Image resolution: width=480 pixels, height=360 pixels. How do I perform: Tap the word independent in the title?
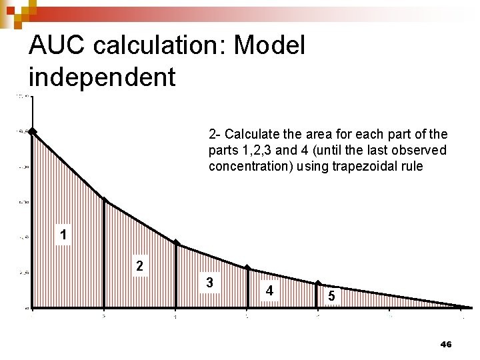point(102,77)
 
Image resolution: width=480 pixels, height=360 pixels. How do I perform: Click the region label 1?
point(63,235)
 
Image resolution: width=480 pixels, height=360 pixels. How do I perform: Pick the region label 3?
point(209,283)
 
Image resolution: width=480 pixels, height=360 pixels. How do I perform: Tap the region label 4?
point(269,291)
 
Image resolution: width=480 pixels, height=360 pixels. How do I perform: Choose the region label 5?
point(330,295)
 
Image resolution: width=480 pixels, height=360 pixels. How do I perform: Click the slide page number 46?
point(446,344)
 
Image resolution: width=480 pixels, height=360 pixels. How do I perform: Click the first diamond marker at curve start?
point(32,132)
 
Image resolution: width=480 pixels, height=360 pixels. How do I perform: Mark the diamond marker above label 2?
point(104,199)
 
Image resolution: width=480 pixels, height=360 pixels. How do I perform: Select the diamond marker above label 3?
point(176,243)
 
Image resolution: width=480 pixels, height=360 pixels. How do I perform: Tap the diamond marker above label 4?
point(247,268)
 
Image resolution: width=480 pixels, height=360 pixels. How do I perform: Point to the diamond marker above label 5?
point(319,283)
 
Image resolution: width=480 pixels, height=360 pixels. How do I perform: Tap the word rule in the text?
point(411,166)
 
